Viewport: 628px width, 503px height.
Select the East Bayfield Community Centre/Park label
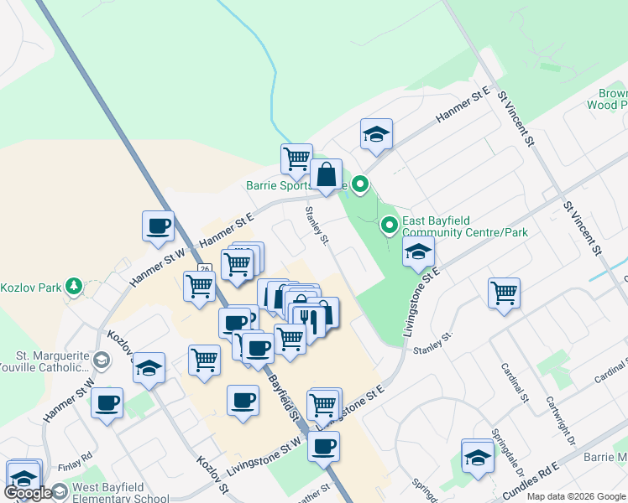tap(464, 226)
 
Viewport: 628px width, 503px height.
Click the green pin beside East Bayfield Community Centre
tap(390, 225)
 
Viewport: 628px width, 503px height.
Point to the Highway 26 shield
tap(204, 269)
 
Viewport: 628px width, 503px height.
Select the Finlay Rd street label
tap(76, 459)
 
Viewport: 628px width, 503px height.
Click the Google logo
tap(29, 493)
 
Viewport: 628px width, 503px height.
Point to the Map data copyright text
tap(576, 496)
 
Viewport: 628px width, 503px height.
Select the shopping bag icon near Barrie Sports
tap(327, 175)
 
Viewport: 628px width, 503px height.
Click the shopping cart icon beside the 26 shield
tap(200, 286)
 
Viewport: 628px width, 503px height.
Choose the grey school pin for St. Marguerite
tap(102, 360)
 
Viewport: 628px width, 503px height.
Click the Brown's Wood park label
tap(608, 99)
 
